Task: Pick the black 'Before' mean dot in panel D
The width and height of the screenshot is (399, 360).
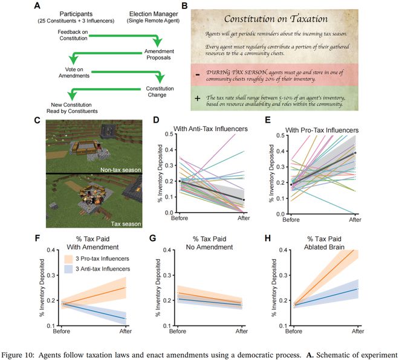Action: pos(180,181)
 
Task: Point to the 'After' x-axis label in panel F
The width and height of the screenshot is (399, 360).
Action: pos(125,331)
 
